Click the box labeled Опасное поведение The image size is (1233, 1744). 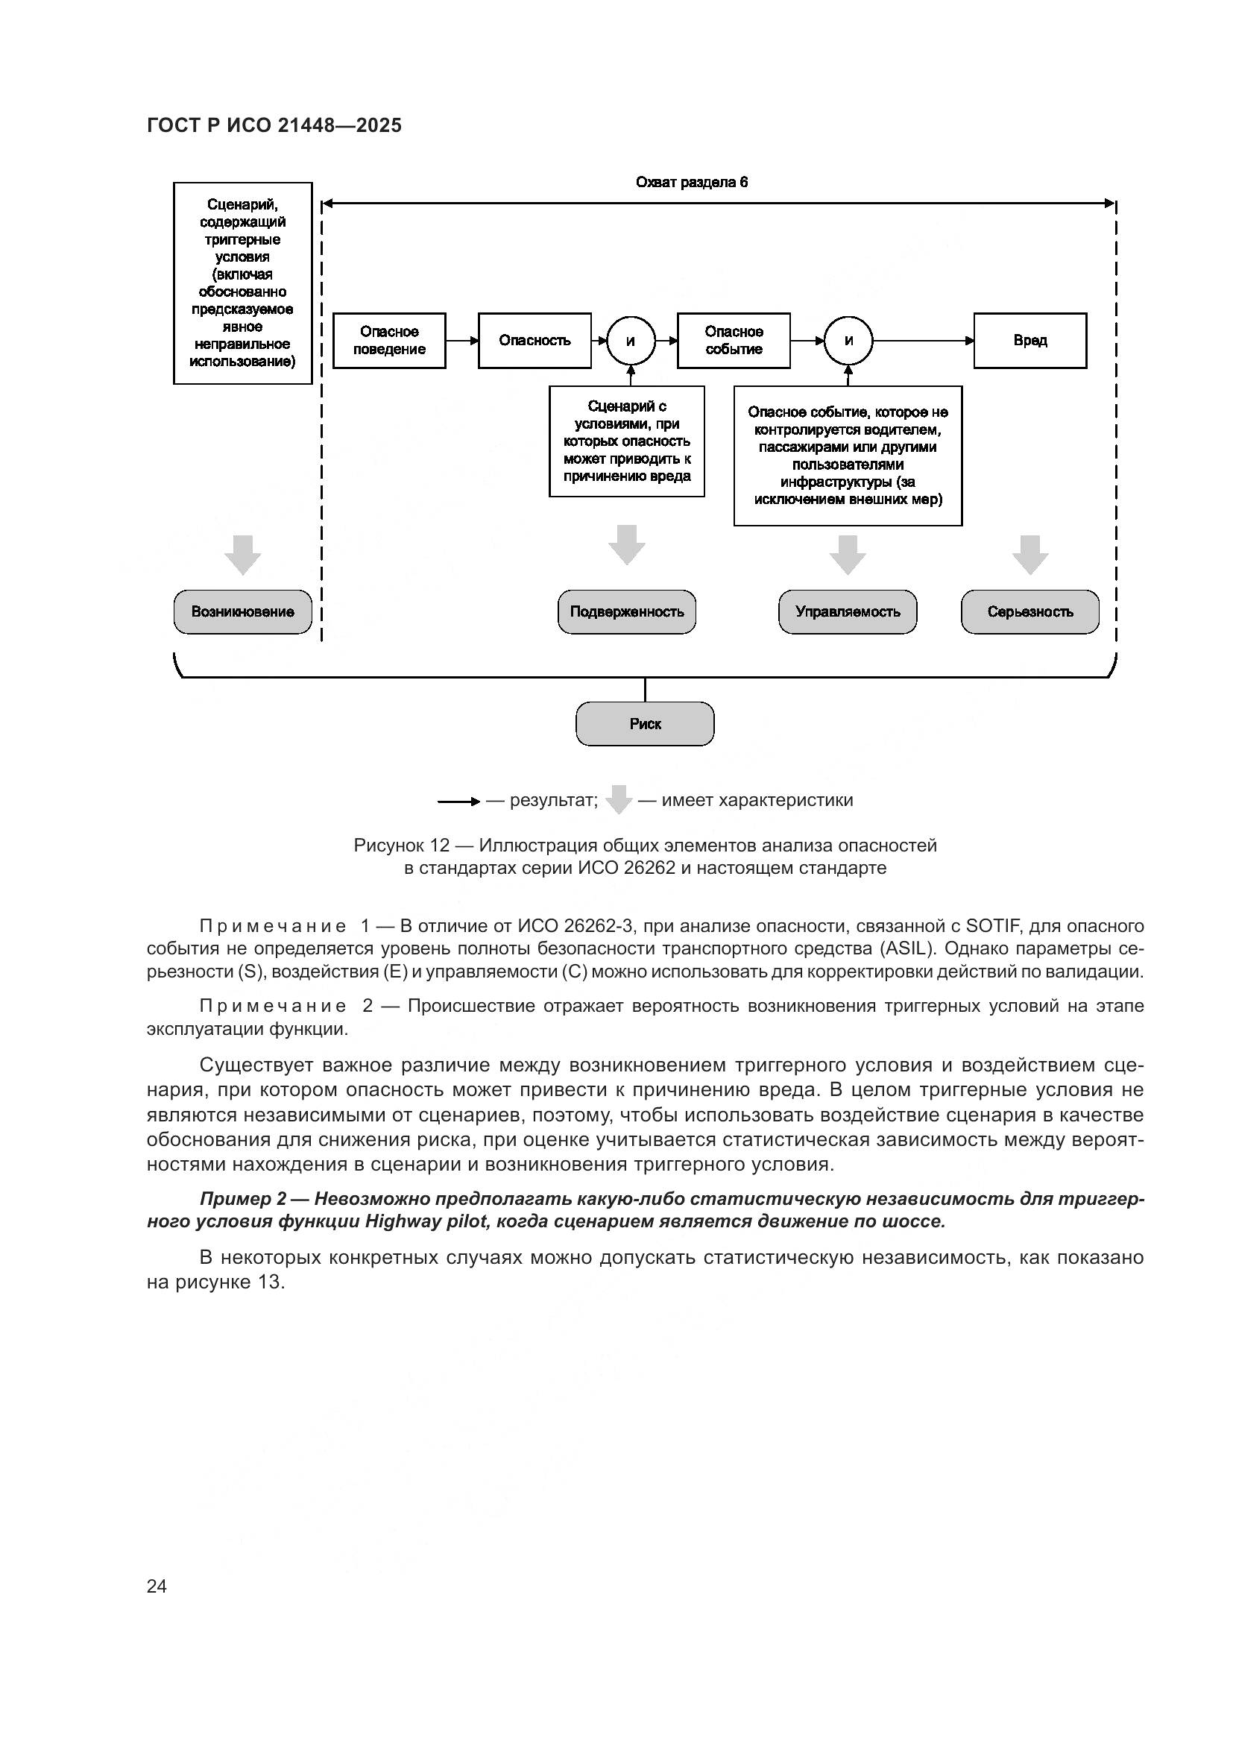(x=388, y=340)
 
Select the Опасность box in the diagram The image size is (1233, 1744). (x=534, y=340)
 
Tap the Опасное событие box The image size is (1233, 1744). (x=733, y=340)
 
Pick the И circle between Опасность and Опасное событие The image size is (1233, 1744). (x=630, y=341)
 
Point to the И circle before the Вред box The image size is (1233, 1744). (x=848, y=341)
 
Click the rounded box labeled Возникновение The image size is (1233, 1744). (x=242, y=611)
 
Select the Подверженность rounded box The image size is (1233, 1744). (x=626, y=611)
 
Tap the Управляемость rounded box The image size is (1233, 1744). (x=848, y=611)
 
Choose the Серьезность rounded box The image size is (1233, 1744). (x=1029, y=611)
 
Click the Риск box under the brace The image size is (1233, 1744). (x=645, y=723)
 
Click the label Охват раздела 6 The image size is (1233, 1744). (x=691, y=182)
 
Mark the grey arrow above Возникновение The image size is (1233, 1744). (x=242, y=554)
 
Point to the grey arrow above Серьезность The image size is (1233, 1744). (x=1029, y=554)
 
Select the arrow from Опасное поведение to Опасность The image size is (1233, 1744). (x=461, y=341)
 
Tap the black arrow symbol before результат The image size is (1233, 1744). (x=458, y=802)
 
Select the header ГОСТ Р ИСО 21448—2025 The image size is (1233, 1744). (x=274, y=125)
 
